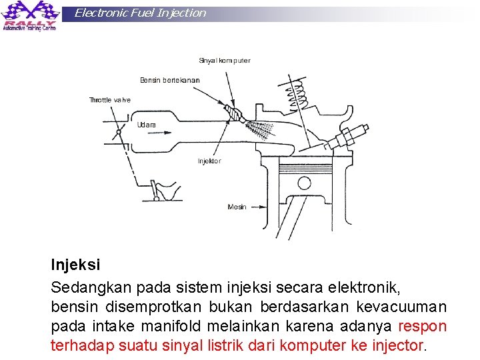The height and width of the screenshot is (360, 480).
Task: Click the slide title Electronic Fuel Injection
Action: [x=140, y=13]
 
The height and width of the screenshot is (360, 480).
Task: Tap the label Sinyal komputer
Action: [x=225, y=61]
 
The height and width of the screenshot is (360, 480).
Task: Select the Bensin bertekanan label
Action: [x=169, y=81]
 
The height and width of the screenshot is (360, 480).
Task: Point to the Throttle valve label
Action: [x=110, y=100]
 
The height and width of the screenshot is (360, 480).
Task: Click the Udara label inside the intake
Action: [x=147, y=125]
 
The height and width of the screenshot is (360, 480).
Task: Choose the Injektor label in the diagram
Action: [x=209, y=161]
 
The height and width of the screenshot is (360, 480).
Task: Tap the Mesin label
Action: [x=237, y=207]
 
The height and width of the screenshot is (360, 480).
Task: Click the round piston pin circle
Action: [x=304, y=182]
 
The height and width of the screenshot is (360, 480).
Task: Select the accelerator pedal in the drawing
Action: [x=160, y=190]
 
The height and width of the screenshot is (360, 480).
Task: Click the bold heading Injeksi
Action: [x=75, y=265]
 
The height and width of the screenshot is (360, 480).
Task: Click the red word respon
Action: [x=422, y=327]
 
